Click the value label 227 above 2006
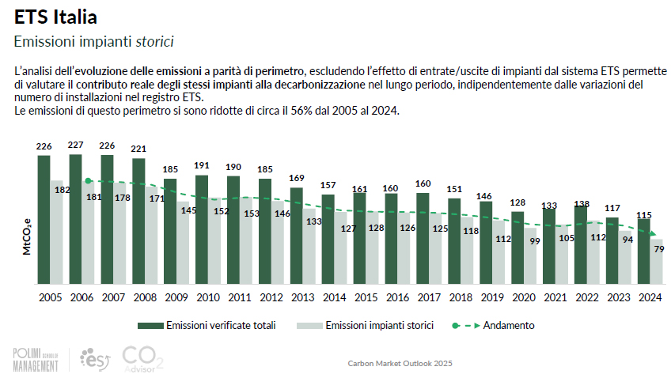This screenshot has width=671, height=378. (x=76, y=145)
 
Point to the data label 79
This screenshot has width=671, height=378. (x=658, y=250)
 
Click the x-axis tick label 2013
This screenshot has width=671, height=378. (x=297, y=297)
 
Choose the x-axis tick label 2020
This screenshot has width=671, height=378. (x=517, y=297)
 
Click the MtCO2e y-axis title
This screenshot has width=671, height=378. (x=26, y=236)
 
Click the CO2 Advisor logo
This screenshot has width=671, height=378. (x=143, y=358)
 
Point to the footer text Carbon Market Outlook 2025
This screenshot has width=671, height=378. (x=400, y=364)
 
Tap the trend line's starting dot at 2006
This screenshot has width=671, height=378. (x=88, y=181)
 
